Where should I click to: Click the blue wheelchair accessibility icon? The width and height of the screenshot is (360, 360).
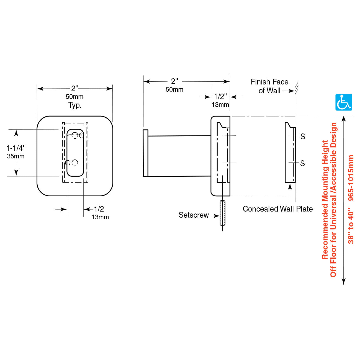(344, 102)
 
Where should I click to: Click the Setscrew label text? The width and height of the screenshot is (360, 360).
(193, 215)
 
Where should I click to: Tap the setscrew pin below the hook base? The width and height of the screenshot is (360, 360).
(222, 213)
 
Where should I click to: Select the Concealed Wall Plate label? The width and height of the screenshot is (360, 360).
(277, 209)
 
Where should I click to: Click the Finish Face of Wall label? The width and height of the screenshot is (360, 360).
(269, 86)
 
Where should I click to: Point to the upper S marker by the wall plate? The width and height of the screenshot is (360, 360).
(303, 137)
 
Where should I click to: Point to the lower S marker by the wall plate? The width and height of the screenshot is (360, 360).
(302, 163)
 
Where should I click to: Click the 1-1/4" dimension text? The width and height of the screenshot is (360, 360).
(16, 148)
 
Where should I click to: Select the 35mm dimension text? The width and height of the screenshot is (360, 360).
(16, 156)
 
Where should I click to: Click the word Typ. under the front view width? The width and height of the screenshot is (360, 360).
(74, 105)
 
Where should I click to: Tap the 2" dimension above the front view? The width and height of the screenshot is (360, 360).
(74, 89)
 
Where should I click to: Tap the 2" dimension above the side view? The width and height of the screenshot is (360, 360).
(174, 81)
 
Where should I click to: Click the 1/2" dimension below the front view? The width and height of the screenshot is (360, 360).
(100, 209)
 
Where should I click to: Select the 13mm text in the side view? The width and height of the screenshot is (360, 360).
(220, 105)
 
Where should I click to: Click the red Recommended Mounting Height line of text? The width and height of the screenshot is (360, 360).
(325, 199)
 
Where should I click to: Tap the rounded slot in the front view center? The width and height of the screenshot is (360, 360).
(75, 153)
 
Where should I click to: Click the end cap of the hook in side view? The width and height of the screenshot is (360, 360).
(146, 153)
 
